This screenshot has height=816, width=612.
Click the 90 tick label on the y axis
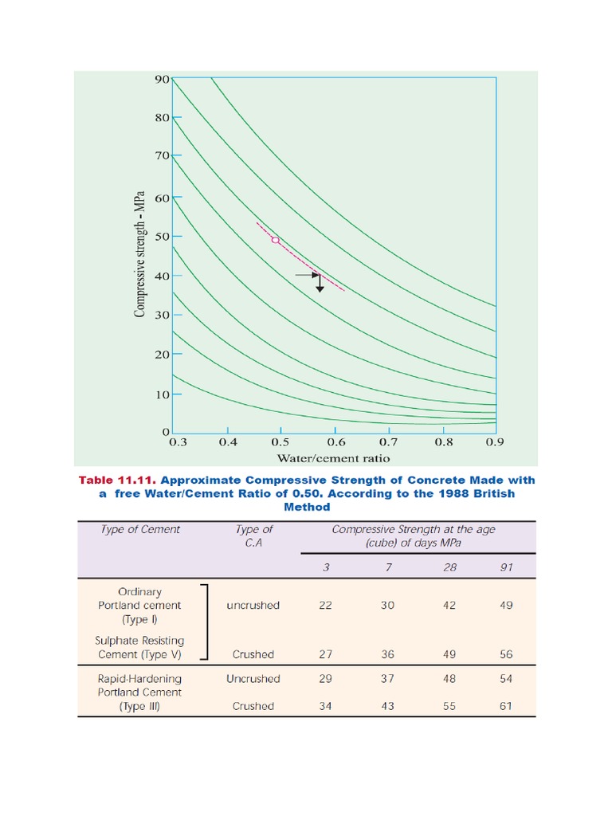[162, 79]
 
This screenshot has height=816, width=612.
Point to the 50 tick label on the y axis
[162, 237]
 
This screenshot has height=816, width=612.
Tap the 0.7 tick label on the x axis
[388, 441]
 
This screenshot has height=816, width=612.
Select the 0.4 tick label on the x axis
[229, 441]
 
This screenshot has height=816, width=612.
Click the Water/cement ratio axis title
[333, 458]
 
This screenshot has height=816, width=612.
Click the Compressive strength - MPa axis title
[139, 254]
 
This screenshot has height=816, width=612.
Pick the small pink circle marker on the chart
[276, 239]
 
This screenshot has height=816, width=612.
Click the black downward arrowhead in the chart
[320, 288]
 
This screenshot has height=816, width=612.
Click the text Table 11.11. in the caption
[112, 480]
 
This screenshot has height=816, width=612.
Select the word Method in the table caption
[306, 507]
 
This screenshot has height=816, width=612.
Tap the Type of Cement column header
[140, 529]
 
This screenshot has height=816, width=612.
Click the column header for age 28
[449, 567]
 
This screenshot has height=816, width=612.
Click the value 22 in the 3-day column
[325, 605]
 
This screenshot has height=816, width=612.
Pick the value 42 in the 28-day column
[449, 605]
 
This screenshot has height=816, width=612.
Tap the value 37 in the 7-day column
[387, 679]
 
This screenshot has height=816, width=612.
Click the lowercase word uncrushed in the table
[253, 605]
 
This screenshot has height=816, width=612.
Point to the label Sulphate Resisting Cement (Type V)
[140, 647]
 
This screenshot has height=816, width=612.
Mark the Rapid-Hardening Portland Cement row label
[140, 692]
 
